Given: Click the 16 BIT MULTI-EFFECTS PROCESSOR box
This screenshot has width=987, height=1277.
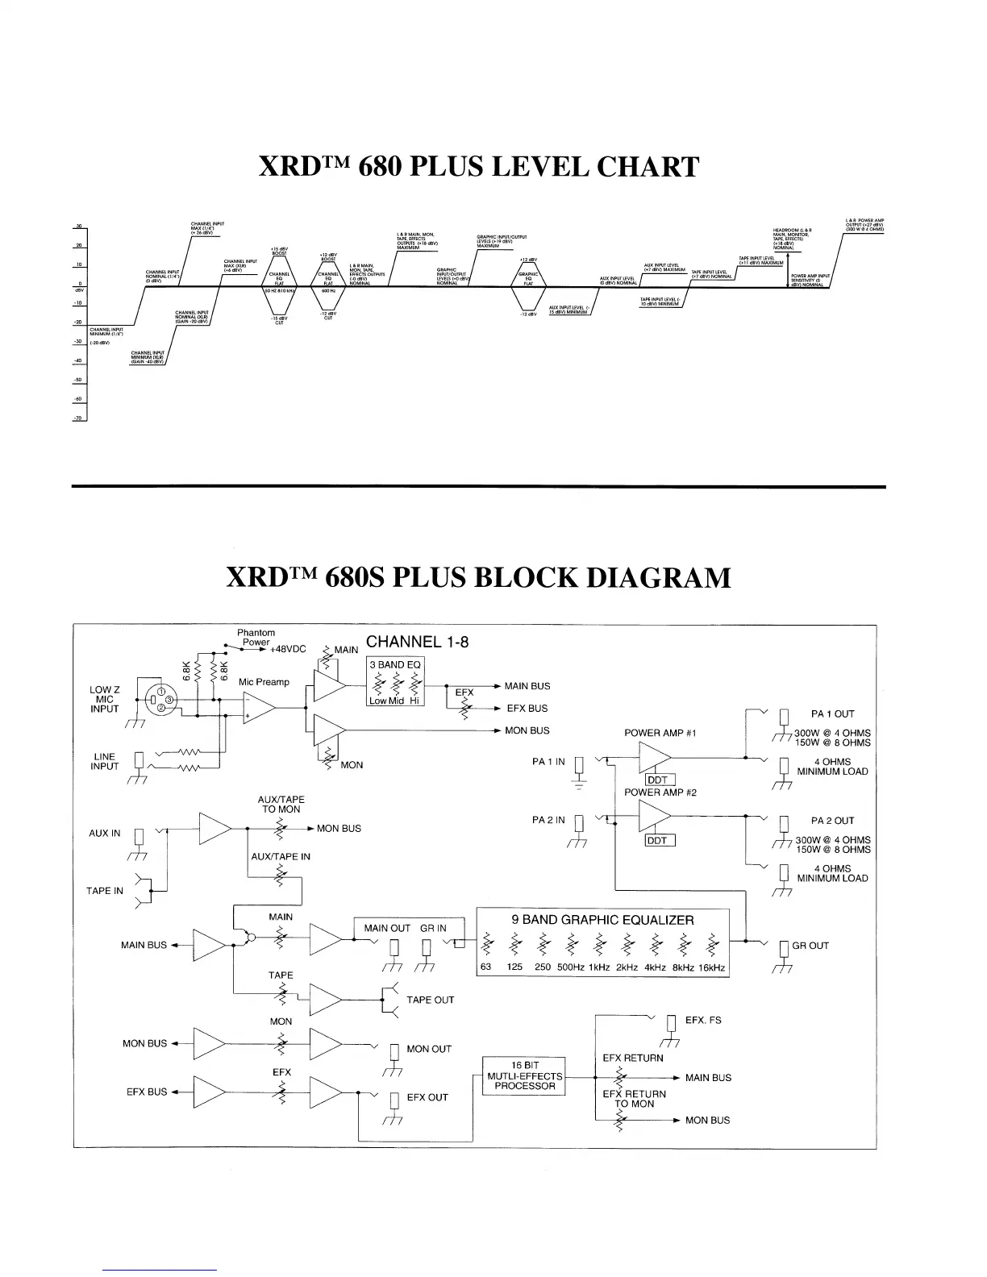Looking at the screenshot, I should click(x=524, y=1075).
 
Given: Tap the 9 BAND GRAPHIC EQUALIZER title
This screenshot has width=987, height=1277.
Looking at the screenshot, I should click(x=602, y=920).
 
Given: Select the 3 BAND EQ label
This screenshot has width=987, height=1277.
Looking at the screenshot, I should click(x=393, y=665).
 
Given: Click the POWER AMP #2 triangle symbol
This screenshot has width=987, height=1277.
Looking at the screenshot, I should click(x=655, y=820).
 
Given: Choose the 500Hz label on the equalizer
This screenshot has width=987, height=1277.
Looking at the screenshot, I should click(x=570, y=967).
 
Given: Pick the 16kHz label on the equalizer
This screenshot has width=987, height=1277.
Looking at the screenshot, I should click(x=711, y=967).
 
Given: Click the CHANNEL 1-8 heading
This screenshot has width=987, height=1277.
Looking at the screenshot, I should click(x=417, y=642).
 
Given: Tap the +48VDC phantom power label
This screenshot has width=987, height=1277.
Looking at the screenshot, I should click(x=288, y=649).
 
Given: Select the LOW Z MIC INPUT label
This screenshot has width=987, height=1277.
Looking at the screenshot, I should click(x=105, y=699).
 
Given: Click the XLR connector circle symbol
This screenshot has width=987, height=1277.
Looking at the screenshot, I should click(x=160, y=699).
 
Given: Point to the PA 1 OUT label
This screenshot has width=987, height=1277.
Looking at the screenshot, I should click(x=832, y=713).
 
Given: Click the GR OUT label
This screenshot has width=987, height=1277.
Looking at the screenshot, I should click(x=810, y=946).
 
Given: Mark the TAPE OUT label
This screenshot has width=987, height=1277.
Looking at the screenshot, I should click(x=430, y=1000).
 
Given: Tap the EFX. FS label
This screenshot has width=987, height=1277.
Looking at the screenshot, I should click(x=703, y=1020).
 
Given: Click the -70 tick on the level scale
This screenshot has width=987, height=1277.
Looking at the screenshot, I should click(x=79, y=418).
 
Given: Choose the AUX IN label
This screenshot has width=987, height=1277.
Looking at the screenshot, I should click(x=104, y=833).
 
